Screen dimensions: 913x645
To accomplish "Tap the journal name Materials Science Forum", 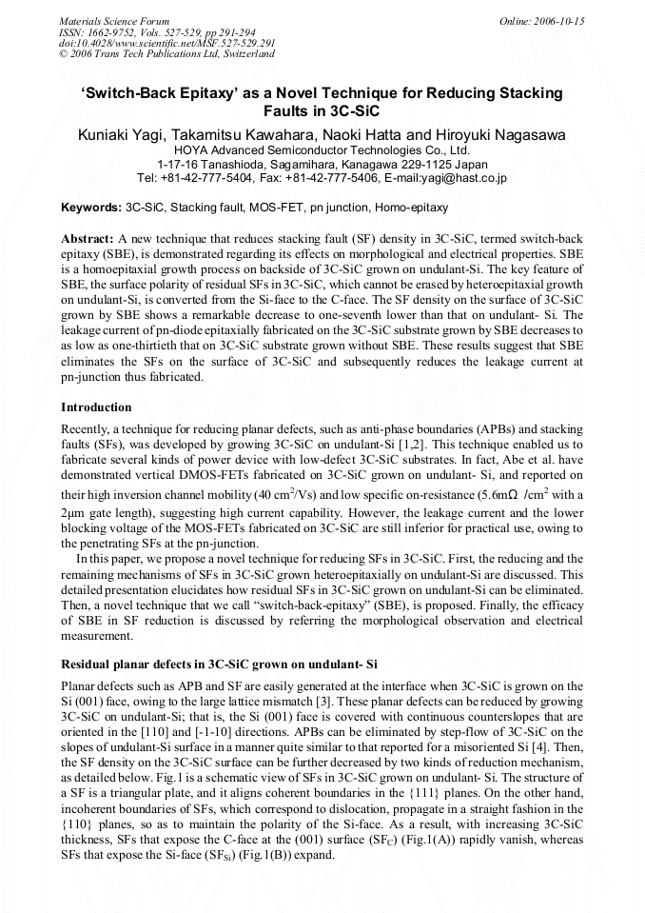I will coord(114,20).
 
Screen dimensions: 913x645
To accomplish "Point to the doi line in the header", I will coord(166,43).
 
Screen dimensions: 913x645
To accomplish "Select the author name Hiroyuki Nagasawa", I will coord(500,134).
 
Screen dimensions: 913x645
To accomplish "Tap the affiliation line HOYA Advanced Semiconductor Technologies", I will coord(322,149).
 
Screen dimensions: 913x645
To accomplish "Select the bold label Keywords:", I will coord(91,207).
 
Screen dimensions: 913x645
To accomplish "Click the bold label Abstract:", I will coord(88,236).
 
